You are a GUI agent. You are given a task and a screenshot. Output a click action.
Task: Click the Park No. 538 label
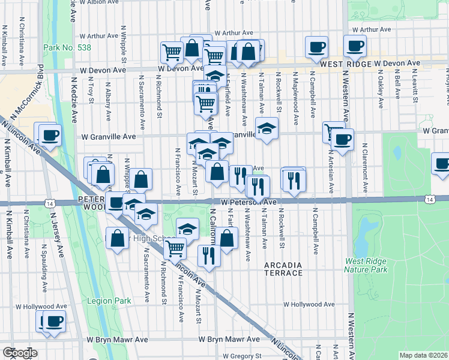64,48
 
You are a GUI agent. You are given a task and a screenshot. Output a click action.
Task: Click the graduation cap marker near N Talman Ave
267,128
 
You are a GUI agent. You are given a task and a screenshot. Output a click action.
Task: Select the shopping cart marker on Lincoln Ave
175,247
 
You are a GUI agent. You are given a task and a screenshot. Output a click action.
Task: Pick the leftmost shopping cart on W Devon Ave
172,52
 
